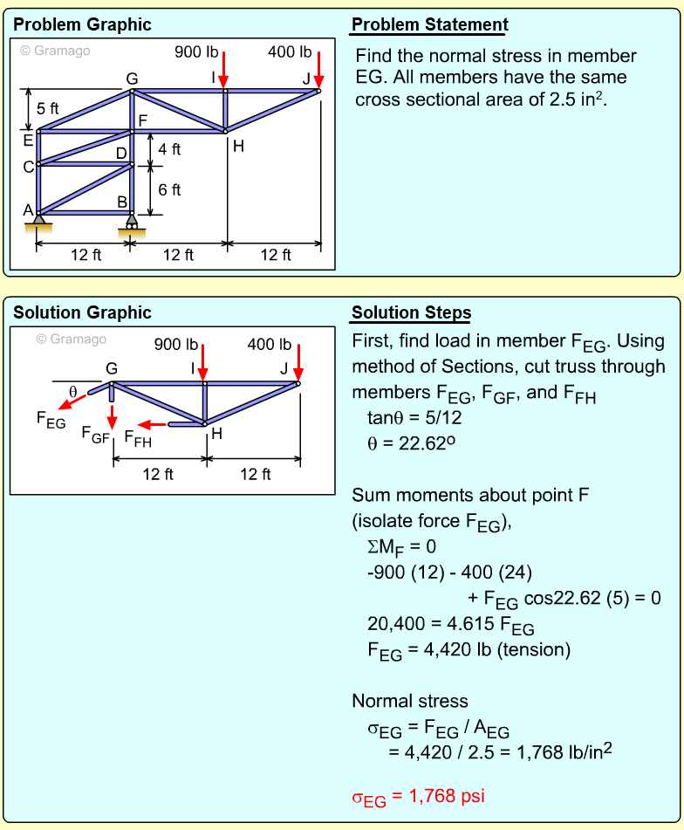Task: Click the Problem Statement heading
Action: coord(429,24)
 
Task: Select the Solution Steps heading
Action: coord(411,312)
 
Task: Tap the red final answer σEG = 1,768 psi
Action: coord(418,797)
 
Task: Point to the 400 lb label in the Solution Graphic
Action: coord(270,345)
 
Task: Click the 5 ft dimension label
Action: coord(48,109)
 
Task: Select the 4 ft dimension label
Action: coord(169,149)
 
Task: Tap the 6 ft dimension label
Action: coord(169,189)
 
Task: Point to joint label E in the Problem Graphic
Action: coord(28,139)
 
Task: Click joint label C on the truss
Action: coord(28,167)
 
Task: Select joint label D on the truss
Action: coord(121,154)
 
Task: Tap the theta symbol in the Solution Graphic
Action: coord(73,391)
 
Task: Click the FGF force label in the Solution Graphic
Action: coord(95,433)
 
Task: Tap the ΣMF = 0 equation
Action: coord(401,548)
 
